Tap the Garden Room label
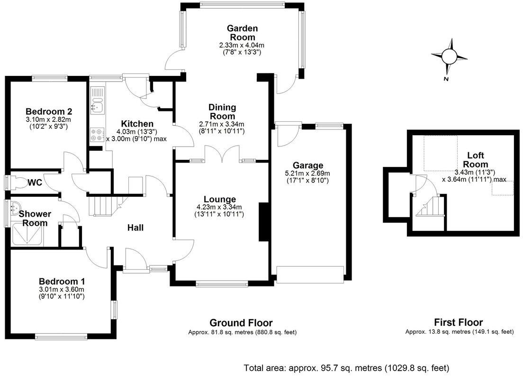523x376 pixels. click(241, 33)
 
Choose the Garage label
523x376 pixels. click(307, 165)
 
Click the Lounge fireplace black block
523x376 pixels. click(262, 222)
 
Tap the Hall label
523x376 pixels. click(135, 228)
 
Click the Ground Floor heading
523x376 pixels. click(241, 323)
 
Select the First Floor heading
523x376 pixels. click(459, 323)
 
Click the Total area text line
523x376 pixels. click(346, 368)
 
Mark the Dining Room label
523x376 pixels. click(222, 112)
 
